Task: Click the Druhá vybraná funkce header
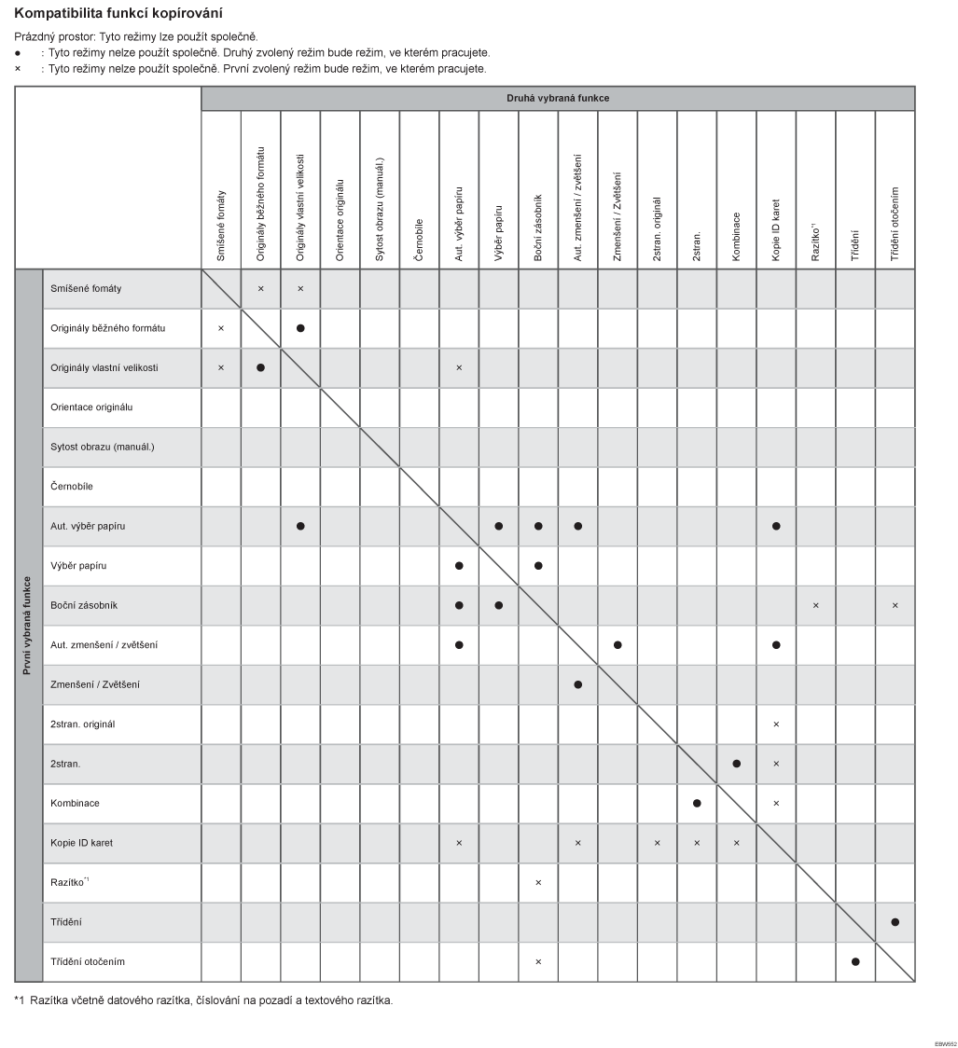click(557, 98)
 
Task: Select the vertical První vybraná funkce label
click(29, 625)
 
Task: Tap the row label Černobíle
click(72, 487)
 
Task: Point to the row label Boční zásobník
click(84, 605)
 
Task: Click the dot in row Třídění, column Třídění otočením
click(895, 922)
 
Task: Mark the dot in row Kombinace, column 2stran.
click(697, 803)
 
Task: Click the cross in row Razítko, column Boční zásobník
click(538, 882)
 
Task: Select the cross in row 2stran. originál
click(776, 724)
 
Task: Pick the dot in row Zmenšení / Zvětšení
click(578, 684)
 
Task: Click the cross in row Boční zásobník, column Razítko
click(815, 606)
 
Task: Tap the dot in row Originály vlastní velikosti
click(260, 367)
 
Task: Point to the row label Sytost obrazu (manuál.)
click(103, 447)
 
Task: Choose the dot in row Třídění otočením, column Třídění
click(855, 961)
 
